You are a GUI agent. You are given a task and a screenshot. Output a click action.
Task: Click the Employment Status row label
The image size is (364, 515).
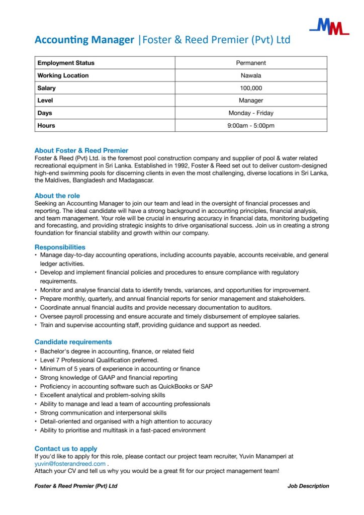pos(66,63)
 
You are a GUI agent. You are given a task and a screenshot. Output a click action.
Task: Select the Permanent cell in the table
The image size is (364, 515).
pos(251,63)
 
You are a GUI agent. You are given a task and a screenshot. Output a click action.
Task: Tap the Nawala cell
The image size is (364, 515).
pos(251,75)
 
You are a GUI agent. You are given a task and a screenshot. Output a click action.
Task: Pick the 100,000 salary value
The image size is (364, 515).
pos(251,88)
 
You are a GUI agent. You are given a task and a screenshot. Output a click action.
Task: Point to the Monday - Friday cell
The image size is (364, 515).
pos(251,113)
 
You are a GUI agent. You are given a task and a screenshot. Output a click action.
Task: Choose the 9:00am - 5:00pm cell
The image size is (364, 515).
pos(251,126)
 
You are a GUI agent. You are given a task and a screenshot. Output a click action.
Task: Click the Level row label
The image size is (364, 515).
pos(45,101)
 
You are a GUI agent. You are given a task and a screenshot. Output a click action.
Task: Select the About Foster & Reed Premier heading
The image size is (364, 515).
pos(81,150)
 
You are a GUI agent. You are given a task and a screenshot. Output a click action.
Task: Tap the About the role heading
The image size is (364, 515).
pos(57,196)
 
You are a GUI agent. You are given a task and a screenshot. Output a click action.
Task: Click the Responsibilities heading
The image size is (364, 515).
pos(60,247)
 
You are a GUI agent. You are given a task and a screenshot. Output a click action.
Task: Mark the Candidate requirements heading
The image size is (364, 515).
pos(73,342)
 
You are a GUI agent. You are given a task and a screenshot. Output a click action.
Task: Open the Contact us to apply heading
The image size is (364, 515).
pos(66,449)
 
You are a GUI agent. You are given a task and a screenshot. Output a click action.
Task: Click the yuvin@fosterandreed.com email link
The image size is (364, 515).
pos(70,464)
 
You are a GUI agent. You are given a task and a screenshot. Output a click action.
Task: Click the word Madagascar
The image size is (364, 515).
pos(135,180)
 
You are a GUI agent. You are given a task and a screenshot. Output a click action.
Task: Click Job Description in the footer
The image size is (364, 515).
pos(308,486)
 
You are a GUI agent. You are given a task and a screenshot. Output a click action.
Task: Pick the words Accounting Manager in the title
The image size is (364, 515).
pos(84,40)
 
